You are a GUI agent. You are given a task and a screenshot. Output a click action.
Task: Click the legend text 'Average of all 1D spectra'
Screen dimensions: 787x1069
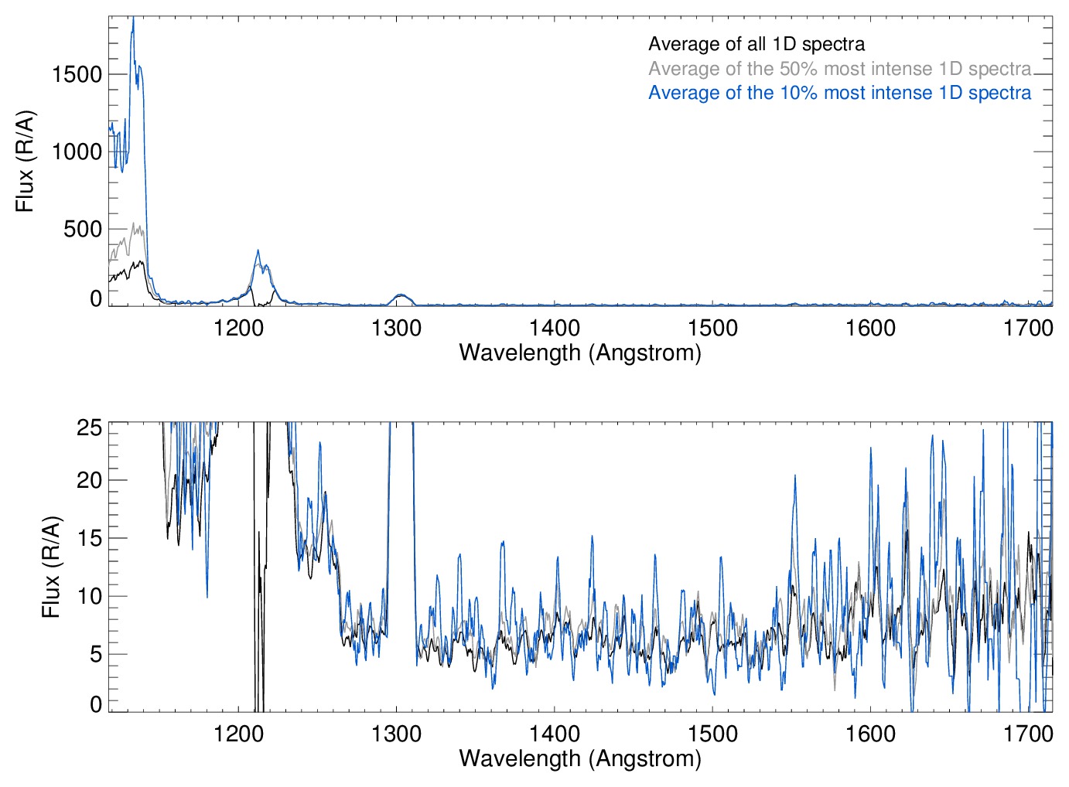click(x=756, y=44)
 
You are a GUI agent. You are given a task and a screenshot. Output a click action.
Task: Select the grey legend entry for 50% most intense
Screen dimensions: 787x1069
click(x=839, y=69)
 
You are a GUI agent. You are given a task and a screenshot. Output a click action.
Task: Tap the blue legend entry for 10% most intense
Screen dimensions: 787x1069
click(x=839, y=93)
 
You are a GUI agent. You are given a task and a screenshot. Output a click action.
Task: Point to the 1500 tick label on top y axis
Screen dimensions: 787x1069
click(x=77, y=74)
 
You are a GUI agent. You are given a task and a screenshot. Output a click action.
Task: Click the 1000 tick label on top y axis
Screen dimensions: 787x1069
click(x=77, y=152)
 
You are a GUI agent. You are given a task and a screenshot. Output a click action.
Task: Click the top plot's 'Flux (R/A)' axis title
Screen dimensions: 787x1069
click(x=26, y=162)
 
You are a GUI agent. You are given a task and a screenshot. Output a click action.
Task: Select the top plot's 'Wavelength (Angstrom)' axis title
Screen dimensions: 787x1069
click(x=580, y=353)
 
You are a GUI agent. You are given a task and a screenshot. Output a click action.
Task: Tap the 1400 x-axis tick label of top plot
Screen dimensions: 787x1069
click(x=555, y=328)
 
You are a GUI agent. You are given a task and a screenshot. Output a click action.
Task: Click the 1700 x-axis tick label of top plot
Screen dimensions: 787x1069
click(x=1028, y=328)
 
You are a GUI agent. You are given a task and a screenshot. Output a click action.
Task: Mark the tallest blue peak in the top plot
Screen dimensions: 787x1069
click(x=133, y=19)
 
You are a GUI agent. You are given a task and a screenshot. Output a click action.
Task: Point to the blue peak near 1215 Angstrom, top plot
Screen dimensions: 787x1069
click(x=258, y=251)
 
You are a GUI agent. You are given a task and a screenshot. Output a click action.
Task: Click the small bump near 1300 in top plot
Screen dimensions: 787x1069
click(x=400, y=295)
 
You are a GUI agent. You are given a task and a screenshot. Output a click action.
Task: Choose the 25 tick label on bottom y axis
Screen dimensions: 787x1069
click(x=90, y=428)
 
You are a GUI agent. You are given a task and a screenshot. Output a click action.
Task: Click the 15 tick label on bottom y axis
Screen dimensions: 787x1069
click(x=90, y=538)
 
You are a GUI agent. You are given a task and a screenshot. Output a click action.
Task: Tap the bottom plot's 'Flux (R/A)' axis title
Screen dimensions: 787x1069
click(x=51, y=567)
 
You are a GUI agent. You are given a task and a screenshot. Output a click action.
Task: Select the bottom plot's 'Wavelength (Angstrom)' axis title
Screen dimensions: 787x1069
click(x=580, y=758)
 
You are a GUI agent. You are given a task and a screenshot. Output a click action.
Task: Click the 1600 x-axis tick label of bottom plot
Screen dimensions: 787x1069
click(x=870, y=734)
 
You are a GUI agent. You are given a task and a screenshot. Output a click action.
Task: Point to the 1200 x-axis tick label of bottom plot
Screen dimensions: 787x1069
click(x=238, y=734)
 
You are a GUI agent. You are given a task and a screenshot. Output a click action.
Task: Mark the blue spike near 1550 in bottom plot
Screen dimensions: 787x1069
click(x=794, y=477)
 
